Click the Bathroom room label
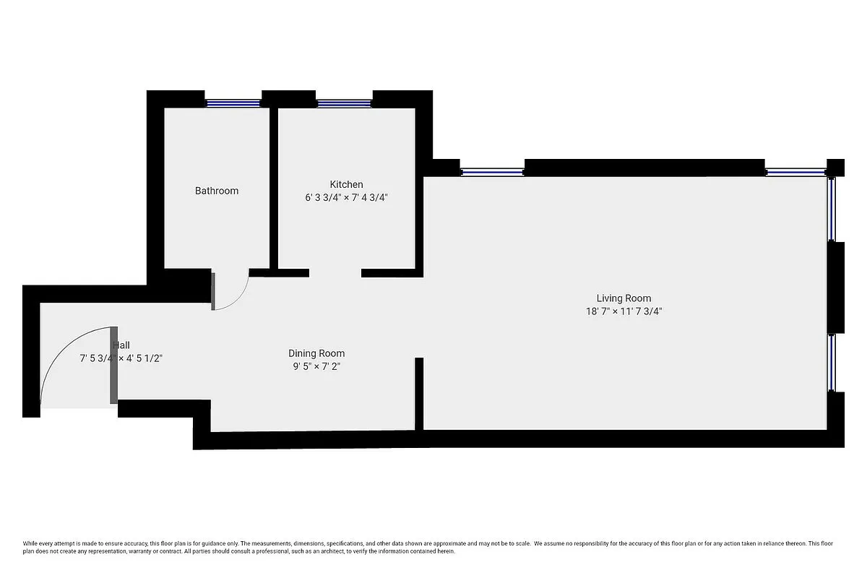[217, 191]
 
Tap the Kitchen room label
[346, 184]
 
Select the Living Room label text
[624, 298]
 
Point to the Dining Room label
[316, 353]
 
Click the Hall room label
[121, 345]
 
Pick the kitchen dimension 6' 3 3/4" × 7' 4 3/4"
[346, 197]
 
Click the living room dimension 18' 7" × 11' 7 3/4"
[624, 311]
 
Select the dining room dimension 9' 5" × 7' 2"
[316, 366]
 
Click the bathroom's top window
[233, 103]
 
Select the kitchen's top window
[344, 103]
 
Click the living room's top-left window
[492, 172]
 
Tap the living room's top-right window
[796, 172]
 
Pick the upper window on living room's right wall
[832, 210]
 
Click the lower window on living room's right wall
[832, 363]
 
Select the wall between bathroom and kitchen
[274, 188]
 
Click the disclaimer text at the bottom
[433, 547]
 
